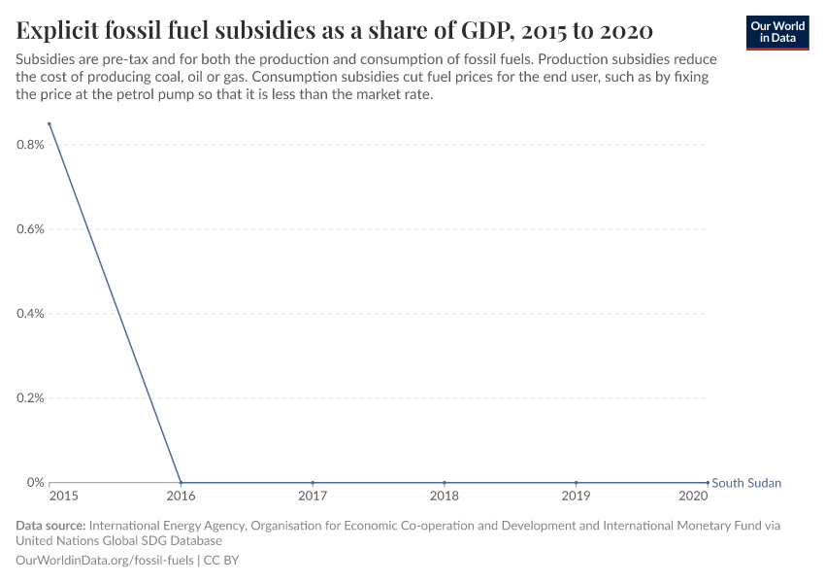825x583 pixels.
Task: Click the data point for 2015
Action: (49, 123)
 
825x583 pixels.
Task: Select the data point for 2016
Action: (181, 483)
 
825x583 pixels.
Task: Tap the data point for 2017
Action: (313, 483)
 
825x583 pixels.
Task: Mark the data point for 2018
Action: (445, 483)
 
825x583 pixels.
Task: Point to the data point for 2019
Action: (577, 483)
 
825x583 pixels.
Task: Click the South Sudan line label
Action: (745, 483)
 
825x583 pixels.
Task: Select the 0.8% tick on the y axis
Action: (30, 145)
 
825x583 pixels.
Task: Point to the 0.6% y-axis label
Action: (30, 229)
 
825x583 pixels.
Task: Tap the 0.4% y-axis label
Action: (30, 314)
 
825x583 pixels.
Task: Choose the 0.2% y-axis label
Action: (30, 398)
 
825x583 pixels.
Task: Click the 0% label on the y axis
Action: (35, 483)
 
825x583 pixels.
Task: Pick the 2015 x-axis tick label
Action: (63, 497)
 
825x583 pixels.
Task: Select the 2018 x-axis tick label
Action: (445, 497)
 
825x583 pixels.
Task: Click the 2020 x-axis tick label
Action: (693, 497)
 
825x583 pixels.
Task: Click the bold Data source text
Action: (50, 526)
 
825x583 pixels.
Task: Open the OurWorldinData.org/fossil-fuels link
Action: (106, 561)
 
